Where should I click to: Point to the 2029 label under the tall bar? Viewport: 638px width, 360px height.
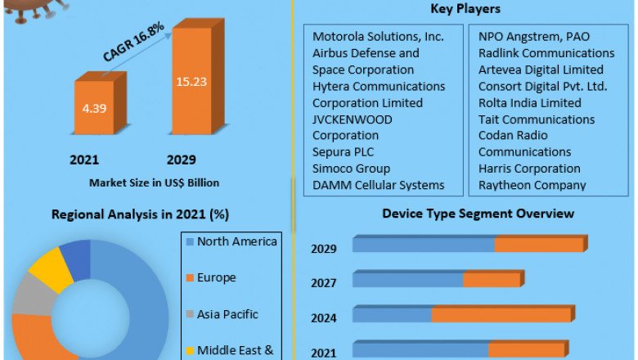181,159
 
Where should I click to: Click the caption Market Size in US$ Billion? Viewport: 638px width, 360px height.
154,182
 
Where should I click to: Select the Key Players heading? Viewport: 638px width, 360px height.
465,9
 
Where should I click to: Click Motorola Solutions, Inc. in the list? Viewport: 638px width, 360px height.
378,37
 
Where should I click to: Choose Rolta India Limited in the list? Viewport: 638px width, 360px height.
530,103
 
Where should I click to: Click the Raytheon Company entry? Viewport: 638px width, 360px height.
532,185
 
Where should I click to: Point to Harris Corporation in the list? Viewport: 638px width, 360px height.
529,169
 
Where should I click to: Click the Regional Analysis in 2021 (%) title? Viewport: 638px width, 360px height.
140,214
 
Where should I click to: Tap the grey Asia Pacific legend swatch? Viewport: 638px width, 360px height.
190,314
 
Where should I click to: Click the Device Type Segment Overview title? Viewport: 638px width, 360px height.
478,214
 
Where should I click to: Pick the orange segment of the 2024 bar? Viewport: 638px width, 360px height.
501,315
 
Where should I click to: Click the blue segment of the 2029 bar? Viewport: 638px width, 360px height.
424,245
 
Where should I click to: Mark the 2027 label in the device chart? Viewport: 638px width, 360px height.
324,283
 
